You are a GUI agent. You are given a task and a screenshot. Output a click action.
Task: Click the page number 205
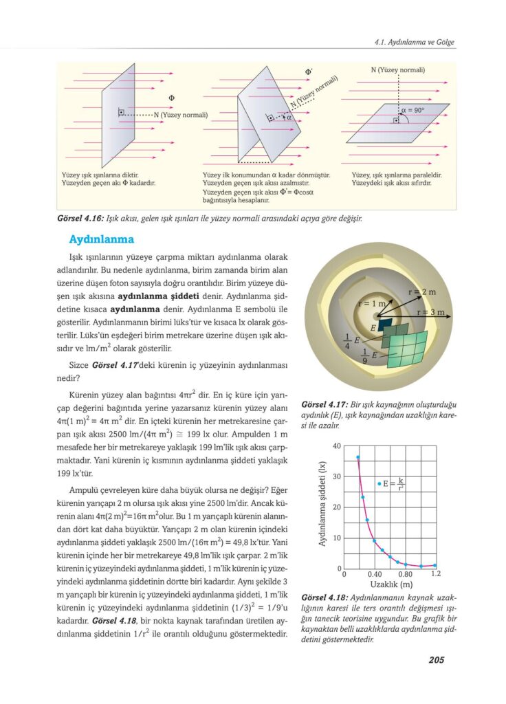[x=436, y=660]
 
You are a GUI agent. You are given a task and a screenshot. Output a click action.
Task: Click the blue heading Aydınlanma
[x=102, y=240]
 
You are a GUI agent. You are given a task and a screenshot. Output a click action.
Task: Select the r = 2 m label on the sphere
[x=421, y=292]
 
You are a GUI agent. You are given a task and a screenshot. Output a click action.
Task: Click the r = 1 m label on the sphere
[x=372, y=303]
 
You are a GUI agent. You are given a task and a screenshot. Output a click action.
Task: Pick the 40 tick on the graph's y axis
[x=337, y=446]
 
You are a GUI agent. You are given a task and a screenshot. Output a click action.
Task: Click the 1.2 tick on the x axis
[x=434, y=573]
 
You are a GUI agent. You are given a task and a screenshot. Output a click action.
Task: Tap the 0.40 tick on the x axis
[x=375, y=573]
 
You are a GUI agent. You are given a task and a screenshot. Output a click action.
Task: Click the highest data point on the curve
[x=357, y=457]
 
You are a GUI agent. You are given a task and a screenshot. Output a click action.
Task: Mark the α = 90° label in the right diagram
[x=412, y=109]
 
